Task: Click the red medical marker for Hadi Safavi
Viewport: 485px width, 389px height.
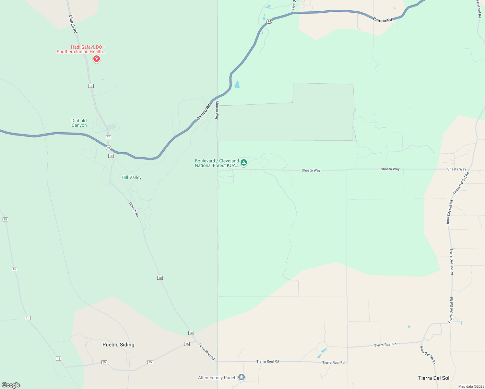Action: click(96, 59)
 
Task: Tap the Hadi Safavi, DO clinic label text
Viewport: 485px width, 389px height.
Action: click(81, 49)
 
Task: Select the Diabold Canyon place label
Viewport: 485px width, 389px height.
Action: click(79, 123)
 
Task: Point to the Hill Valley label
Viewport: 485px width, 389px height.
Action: click(131, 177)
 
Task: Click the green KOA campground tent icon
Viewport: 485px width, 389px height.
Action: click(244, 162)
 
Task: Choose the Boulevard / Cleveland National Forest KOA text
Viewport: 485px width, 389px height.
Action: click(217, 163)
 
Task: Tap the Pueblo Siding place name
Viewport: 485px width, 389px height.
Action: click(118, 345)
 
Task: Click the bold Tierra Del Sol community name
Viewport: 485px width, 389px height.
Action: click(433, 378)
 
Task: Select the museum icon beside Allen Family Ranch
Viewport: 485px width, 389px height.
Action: click(241, 377)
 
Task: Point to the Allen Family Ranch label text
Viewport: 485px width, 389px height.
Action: click(217, 378)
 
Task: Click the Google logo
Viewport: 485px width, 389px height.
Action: click(11, 385)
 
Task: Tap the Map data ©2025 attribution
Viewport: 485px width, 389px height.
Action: click(471, 386)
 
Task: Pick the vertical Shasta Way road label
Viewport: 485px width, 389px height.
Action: click(217, 110)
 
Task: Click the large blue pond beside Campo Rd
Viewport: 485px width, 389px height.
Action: click(237, 84)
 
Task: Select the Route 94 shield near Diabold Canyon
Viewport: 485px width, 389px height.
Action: click(108, 148)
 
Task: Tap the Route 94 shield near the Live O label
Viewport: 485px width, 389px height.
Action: click(269, 21)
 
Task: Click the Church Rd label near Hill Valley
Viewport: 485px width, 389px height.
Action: click(134, 209)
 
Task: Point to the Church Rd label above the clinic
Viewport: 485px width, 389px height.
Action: click(73, 24)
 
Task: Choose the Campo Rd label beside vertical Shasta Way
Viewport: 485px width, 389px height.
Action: click(203, 112)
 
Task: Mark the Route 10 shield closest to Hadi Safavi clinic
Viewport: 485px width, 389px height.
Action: click(91, 86)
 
